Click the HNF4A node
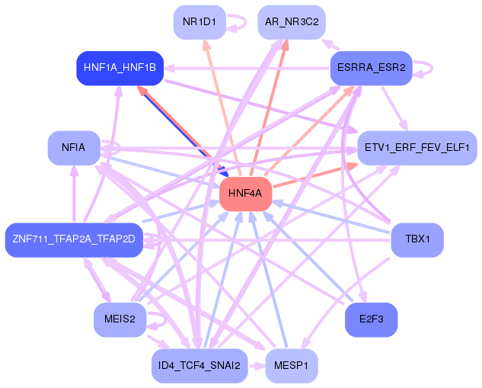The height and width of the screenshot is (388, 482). click(245, 194)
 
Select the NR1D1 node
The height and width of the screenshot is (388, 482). click(200, 22)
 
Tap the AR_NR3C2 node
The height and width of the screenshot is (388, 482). click(292, 22)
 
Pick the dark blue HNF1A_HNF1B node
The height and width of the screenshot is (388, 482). click(120, 68)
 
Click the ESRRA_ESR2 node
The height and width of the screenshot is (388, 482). click(371, 68)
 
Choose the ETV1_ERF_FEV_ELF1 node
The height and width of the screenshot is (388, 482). click(417, 147)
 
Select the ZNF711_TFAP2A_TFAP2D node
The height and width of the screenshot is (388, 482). click(74, 240)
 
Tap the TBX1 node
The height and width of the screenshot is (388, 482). click(417, 240)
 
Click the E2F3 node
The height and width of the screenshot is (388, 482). click(371, 319)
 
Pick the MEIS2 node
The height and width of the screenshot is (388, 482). click(120, 319)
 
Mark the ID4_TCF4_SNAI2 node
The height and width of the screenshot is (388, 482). click(200, 366)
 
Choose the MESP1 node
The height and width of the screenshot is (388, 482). click(292, 366)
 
